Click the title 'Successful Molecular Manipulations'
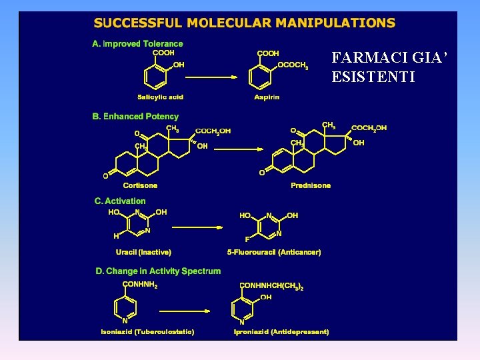tap(245, 23)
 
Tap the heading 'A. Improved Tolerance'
tap(137, 44)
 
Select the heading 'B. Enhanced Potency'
tap(135, 117)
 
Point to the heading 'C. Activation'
tap(120, 201)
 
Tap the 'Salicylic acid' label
tap(160, 97)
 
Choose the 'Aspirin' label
tap(267, 97)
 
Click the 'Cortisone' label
tap(140, 185)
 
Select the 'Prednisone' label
tap(311, 185)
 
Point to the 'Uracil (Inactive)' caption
tap(143, 252)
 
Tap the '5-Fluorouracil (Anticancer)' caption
tap(274, 252)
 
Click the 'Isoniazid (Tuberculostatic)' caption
tap(147, 331)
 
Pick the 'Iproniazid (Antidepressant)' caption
tap(281, 331)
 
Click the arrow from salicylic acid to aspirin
tap(211, 77)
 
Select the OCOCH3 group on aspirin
tap(293, 66)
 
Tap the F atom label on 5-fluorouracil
tap(247, 238)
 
